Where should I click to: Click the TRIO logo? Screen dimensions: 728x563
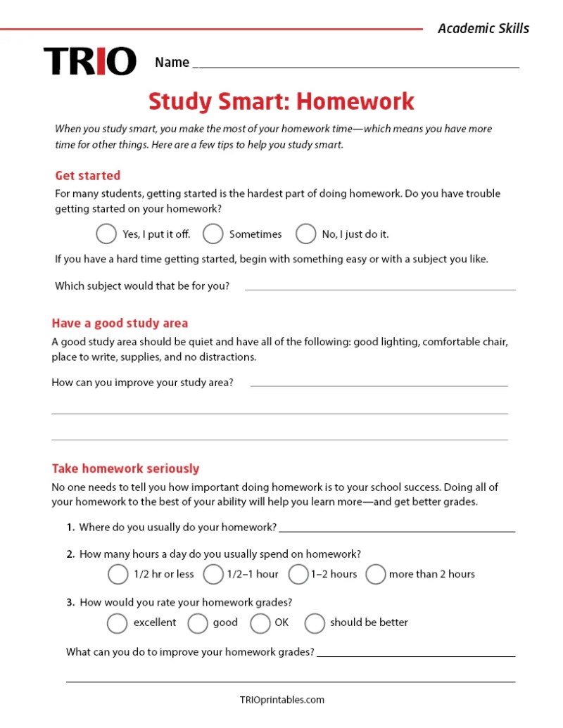pos(89,61)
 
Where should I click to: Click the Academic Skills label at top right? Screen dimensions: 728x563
pos(483,28)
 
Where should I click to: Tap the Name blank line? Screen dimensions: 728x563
pos(355,65)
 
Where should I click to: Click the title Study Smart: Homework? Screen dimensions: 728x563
pos(281,101)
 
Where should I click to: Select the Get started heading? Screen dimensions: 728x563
pos(88,175)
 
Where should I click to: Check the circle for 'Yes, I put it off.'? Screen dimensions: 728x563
pos(106,234)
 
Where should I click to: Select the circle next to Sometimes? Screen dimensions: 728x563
pos(213,234)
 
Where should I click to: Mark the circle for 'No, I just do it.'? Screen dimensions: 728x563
pos(305,234)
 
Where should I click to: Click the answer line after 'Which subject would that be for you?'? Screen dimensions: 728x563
pos(380,287)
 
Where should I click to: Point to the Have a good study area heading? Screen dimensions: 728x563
pos(120,323)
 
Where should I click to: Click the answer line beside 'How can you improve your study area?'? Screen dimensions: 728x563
pos(379,383)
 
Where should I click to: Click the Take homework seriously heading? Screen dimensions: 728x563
pos(125,468)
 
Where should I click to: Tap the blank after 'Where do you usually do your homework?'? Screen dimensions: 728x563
pos(396,529)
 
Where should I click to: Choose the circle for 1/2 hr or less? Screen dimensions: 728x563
pos(118,574)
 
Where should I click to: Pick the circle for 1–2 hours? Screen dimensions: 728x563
pos(298,574)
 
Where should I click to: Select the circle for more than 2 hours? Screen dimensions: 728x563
pos(376,574)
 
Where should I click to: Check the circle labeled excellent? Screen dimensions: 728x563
pos(117,622)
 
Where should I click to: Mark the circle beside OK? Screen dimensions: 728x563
pos(260,622)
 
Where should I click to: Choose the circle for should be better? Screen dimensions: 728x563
pos(315,622)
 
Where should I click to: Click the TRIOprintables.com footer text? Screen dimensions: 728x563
pos(281,699)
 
